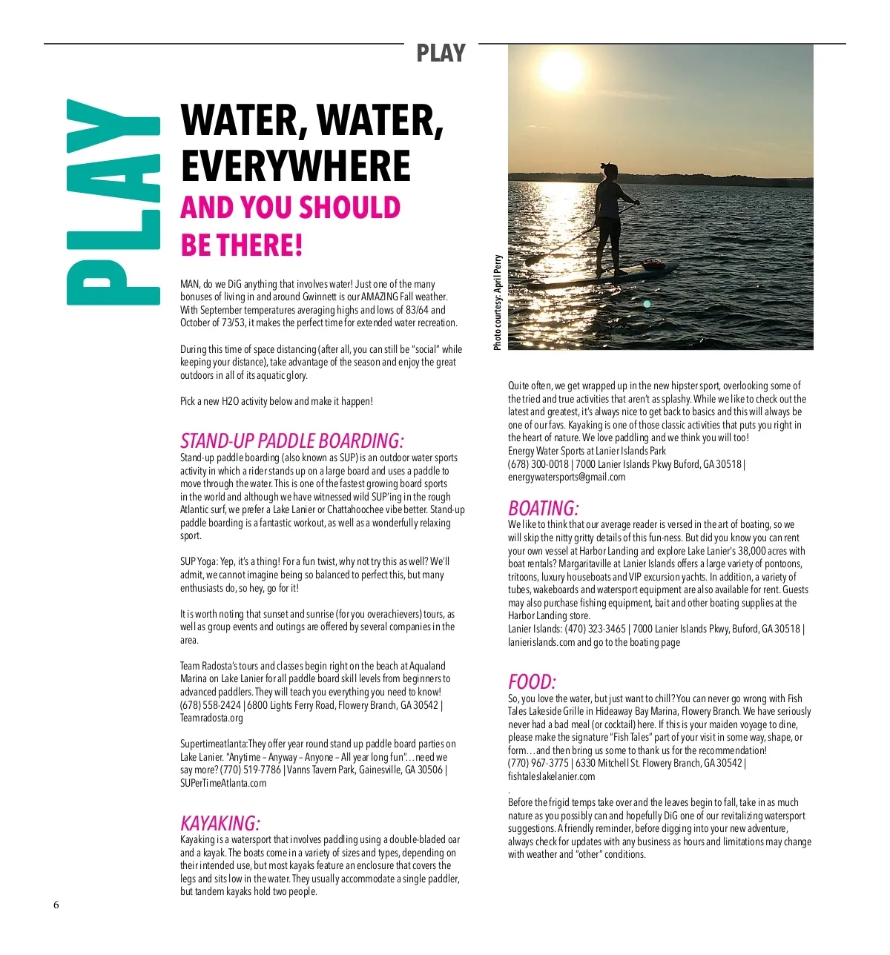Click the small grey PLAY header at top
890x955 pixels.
coord(441,53)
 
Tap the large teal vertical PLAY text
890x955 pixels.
coord(113,202)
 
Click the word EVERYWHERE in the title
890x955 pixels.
coord(295,166)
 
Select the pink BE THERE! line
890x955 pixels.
coord(242,245)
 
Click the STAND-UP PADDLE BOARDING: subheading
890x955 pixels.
coord(292,441)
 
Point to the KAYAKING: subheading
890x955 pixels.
coord(220,823)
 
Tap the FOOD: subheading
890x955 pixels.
coord(532,682)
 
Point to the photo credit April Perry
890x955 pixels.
coord(498,303)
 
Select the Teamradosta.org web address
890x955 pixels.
coord(211,718)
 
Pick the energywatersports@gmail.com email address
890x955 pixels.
coord(567,477)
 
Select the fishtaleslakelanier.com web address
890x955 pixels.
coord(551,776)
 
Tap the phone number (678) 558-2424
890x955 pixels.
coord(211,705)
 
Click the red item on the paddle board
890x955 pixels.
coord(652,263)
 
